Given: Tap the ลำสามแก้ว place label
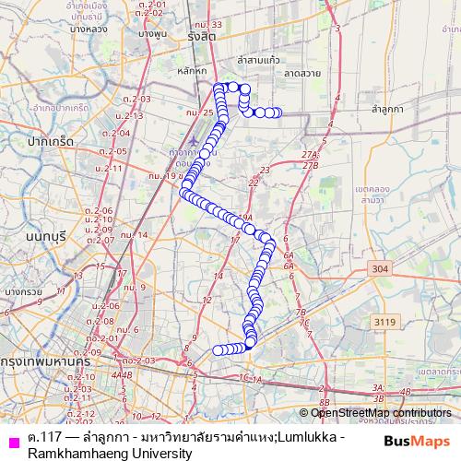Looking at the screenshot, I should point(258,59).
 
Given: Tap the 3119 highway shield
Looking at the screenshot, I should point(385,321).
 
